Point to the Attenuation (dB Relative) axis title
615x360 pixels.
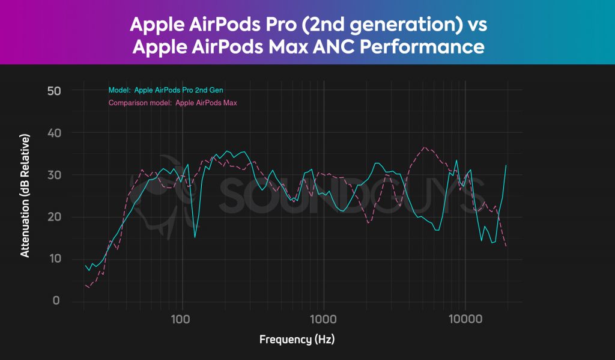click(x=25, y=196)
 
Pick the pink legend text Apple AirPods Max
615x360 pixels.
click(x=206, y=103)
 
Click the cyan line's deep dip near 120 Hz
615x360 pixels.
click(x=195, y=237)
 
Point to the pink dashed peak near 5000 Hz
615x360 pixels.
click(x=424, y=147)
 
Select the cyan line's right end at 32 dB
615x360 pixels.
click(x=506, y=165)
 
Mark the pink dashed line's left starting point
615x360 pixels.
click(x=85, y=285)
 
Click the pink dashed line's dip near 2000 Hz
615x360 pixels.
click(x=369, y=223)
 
